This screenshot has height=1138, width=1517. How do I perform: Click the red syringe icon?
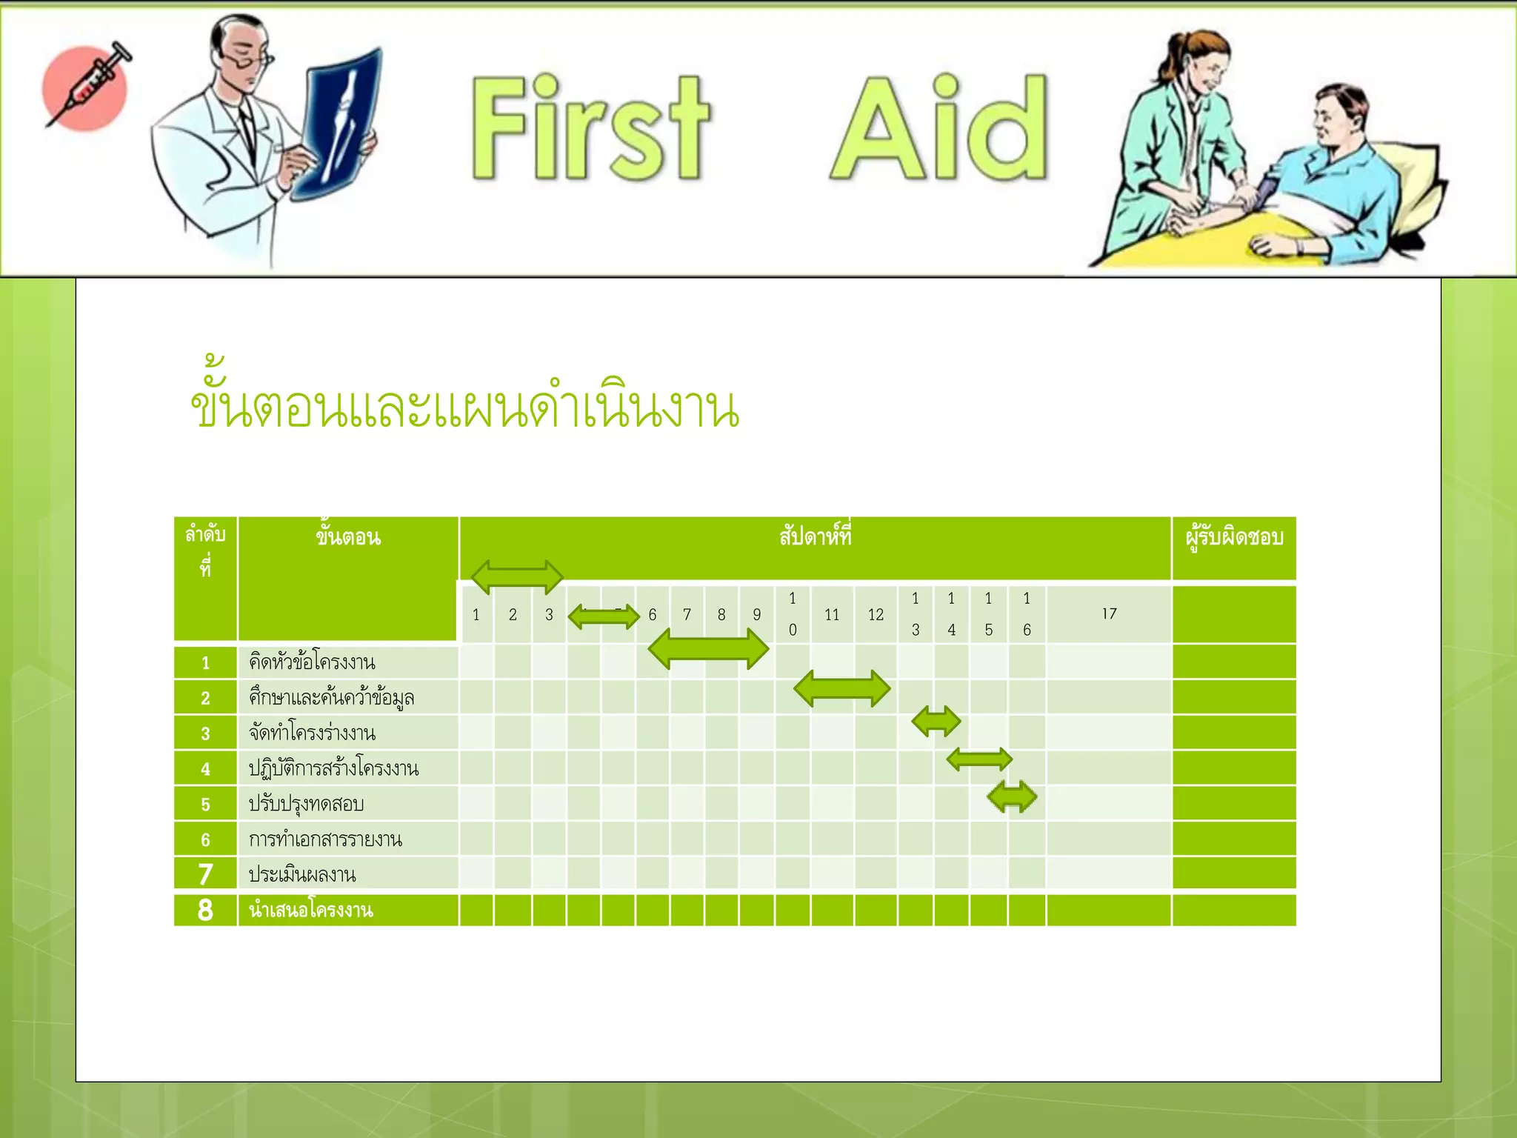[x=85, y=87]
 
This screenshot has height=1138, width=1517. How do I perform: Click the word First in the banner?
[x=590, y=127]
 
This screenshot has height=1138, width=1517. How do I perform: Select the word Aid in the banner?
[x=939, y=127]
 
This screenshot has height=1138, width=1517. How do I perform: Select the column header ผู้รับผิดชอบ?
[x=1234, y=537]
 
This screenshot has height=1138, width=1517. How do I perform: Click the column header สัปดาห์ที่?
[x=815, y=536]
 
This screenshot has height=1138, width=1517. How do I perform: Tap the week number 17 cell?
[x=1108, y=614]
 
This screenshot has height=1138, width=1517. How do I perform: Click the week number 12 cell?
[x=876, y=615]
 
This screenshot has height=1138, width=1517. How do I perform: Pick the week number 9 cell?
[x=756, y=615]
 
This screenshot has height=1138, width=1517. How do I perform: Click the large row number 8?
[x=205, y=911]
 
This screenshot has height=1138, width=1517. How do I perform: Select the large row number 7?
[x=205, y=874]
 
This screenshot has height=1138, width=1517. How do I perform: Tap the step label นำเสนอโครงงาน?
[x=311, y=911]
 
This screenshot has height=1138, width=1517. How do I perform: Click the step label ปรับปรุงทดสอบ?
[x=306, y=804]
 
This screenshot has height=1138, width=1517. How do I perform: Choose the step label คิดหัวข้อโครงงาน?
[x=312, y=662]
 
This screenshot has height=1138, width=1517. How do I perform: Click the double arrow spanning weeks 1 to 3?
[x=517, y=577]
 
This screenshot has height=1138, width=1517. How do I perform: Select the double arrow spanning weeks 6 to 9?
[x=708, y=649]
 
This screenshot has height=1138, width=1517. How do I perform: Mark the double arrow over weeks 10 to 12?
[x=841, y=688]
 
